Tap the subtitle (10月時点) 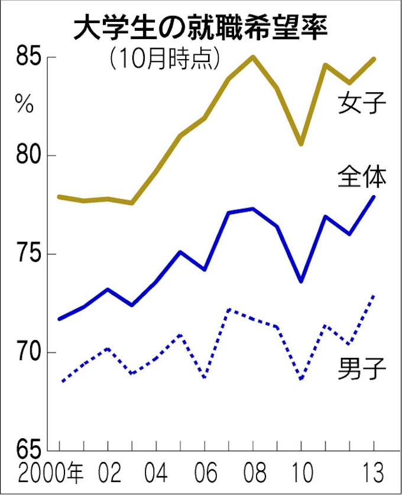pyautogui.click(x=164, y=60)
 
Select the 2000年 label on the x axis pyautogui.click(x=51, y=474)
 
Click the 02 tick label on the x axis pyautogui.click(x=108, y=474)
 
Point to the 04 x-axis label pyautogui.click(x=156, y=474)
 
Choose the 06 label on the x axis pyautogui.click(x=205, y=474)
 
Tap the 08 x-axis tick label pyautogui.click(x=253, y=474)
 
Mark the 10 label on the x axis pyautogui.click(x=301, y=474)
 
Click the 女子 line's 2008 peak pyautogui.click(x=253, y=57)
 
